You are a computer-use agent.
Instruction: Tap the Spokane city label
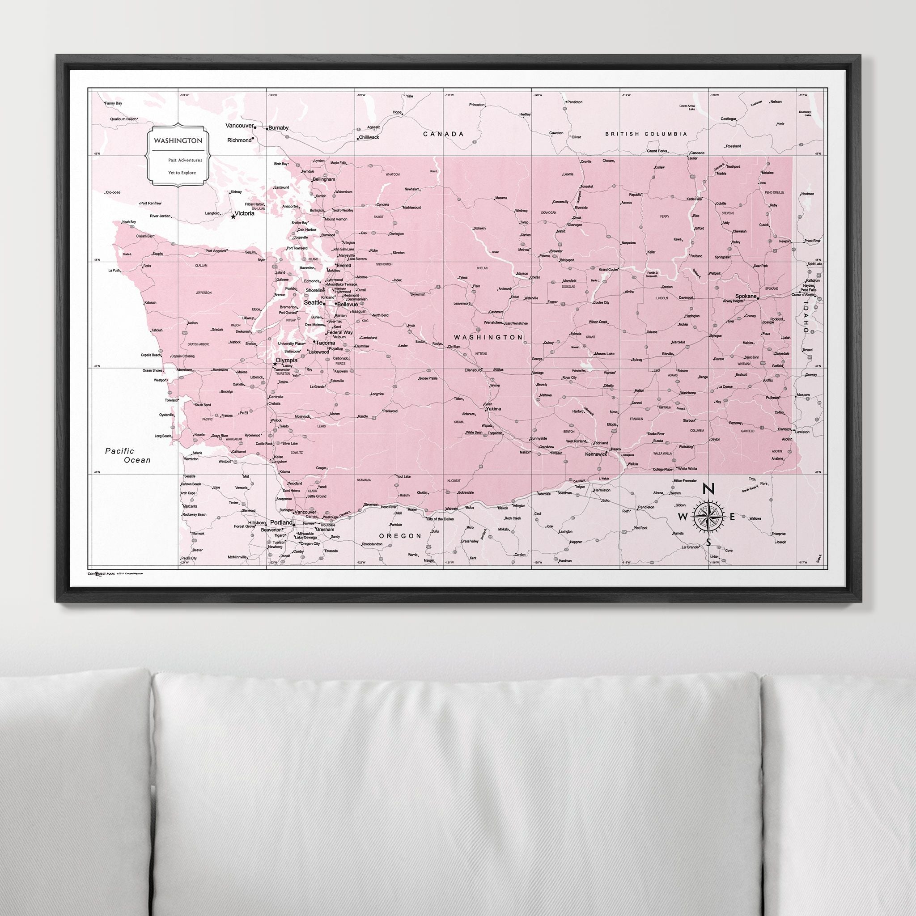pos(746,295)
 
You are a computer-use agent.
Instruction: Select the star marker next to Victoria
pos(233,216)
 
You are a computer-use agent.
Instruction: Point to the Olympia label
pos(286,360)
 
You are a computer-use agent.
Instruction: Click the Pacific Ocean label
pos(128,455)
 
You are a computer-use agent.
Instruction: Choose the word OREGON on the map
pos(400,536)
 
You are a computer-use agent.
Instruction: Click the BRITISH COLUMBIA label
pos(646,134)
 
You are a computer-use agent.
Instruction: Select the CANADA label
pos(443,134)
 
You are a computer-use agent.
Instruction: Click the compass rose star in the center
pos(708,516)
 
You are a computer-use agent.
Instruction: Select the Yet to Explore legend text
pos(182,173)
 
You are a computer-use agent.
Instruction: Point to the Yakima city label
pos(493,408)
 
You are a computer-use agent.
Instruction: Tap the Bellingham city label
pos(324,180)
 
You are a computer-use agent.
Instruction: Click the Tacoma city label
pos(326,343)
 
